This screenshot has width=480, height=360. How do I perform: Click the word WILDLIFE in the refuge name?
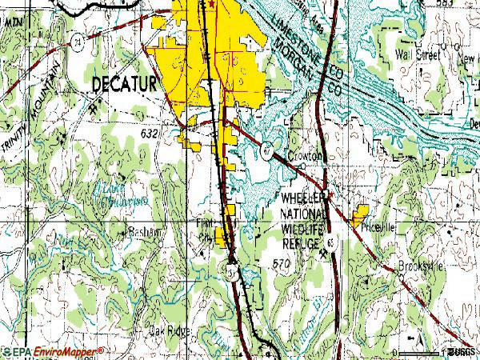point(302,229)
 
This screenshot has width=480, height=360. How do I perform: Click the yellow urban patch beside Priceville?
point(358,214)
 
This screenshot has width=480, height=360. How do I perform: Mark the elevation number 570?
point(281,262)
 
